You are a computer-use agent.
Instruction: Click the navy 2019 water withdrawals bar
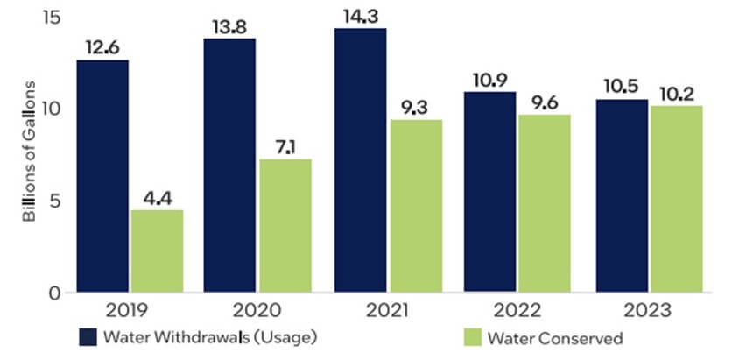click(102, 175)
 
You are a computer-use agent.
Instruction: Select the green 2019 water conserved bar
click(157, 251)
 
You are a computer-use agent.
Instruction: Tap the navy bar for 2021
click(360, 159)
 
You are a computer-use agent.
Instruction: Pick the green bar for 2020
click(285, 225)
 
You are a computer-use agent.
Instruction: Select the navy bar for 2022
click(490, 191)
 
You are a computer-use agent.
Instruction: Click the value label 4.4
click(158, 197)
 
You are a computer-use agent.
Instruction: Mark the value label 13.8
click(230, 25)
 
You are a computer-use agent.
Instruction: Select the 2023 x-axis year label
click(649, 311)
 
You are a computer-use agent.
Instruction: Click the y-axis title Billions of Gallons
click(29, 151)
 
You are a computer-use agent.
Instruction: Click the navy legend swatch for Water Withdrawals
click(85, 337)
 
